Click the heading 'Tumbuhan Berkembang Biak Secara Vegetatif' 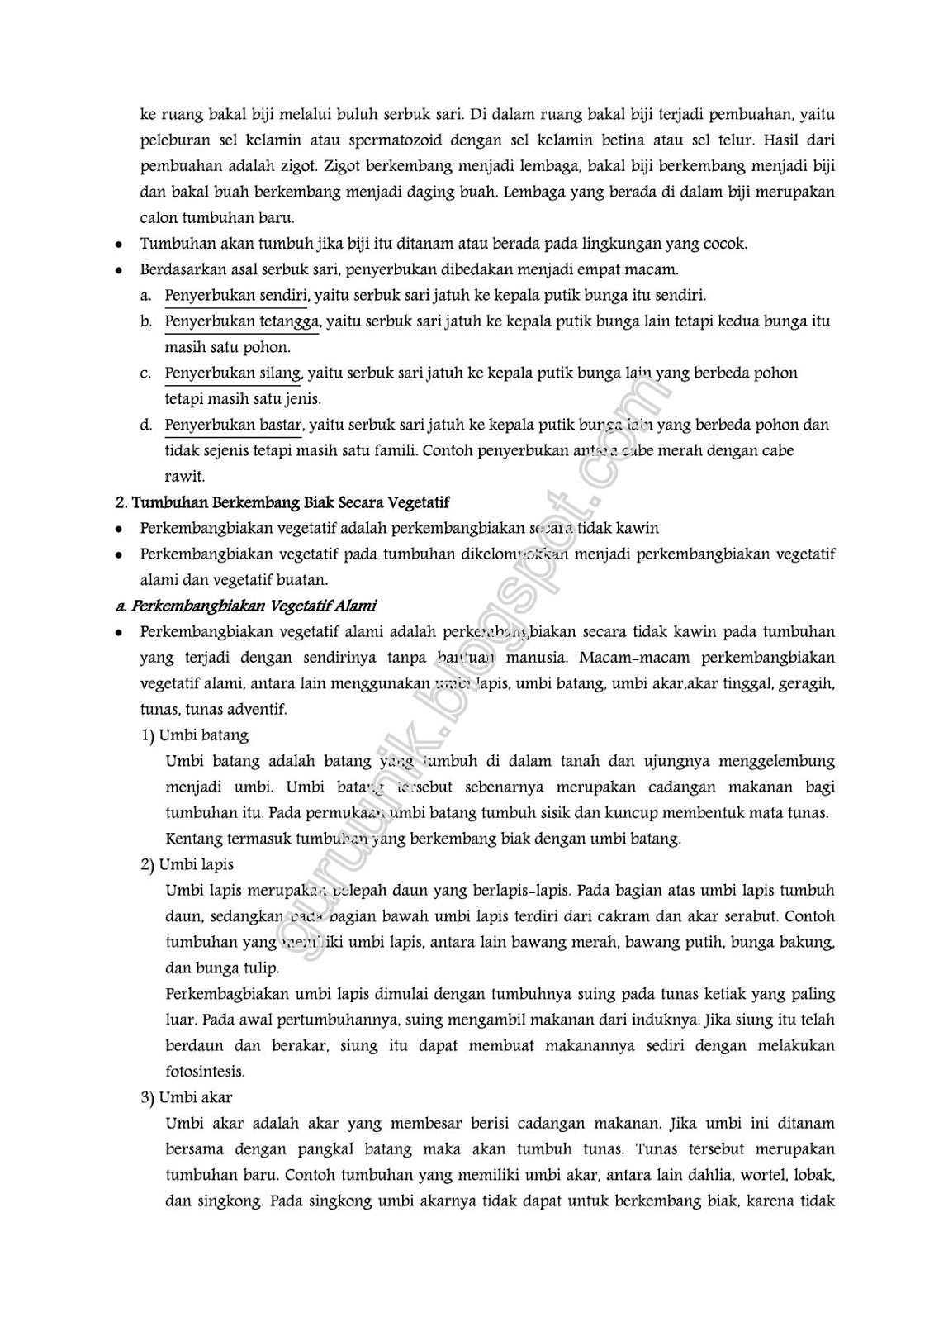290,502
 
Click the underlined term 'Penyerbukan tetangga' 242,321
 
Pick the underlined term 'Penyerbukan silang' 234,373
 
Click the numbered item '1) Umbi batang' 194,735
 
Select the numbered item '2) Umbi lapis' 187,864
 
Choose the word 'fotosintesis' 205,1072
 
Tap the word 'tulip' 263,968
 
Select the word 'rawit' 184,476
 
